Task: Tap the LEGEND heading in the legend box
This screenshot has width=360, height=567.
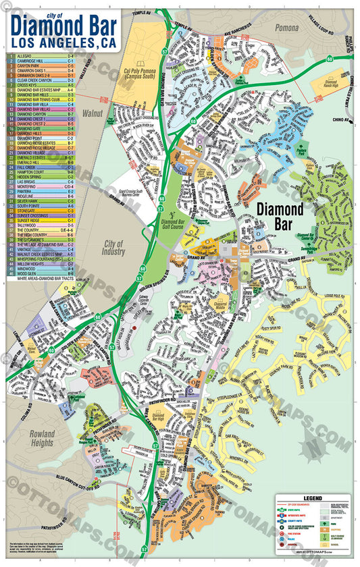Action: tap(315, 497)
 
